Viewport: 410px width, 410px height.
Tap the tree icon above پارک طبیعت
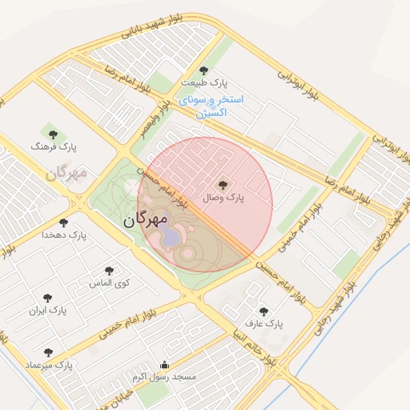coord(203,70)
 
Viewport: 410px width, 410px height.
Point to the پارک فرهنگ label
coord(53,147)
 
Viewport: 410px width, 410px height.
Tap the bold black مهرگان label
coord(146,219)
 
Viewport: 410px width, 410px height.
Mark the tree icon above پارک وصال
coord(223,183)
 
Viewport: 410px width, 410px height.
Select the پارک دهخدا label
coord(65,235)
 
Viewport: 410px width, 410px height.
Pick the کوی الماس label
coord(110,283)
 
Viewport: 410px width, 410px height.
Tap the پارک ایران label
coord(48,308)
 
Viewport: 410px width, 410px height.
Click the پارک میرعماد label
coord(48,364)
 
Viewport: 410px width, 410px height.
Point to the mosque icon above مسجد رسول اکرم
coord(165,364)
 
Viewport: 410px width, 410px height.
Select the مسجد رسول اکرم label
coord(165,376)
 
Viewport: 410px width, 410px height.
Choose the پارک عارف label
coord(264,324)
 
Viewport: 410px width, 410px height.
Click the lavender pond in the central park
coord(170,235)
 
